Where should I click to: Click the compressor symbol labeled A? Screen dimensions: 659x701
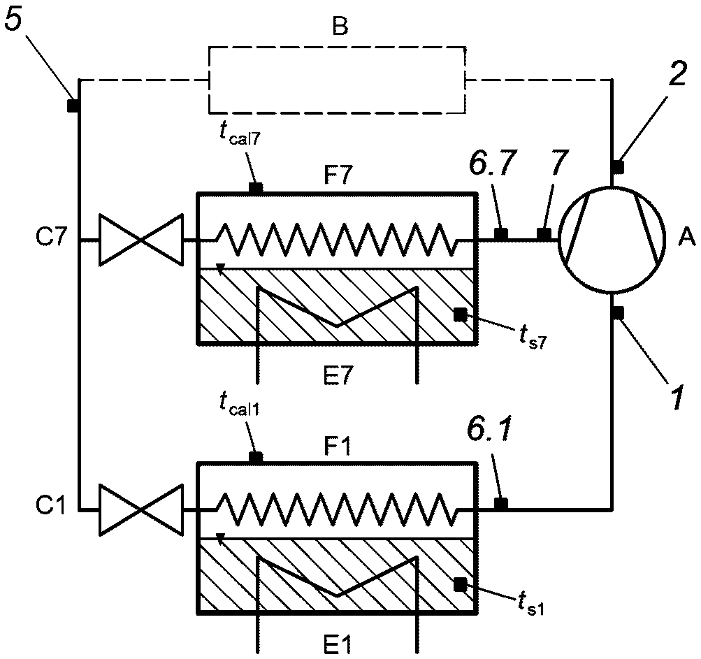(612, 239)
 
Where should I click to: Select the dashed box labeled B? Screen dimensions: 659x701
(338, 79)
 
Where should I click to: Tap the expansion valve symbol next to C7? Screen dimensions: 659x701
(141, 240)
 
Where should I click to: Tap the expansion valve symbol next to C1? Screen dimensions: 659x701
(141, 511)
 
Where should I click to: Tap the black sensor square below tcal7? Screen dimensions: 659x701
(256, 188)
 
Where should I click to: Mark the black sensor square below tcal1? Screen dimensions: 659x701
(256, 457)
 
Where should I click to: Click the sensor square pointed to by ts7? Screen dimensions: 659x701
(459, 315)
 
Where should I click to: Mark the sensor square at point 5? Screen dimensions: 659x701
(71, 106)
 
